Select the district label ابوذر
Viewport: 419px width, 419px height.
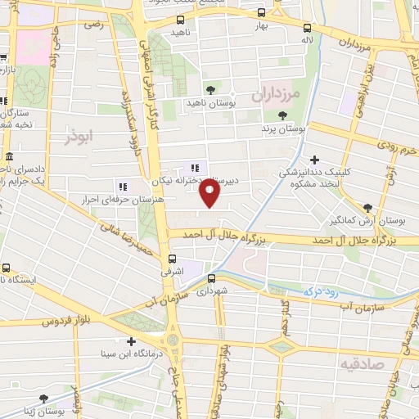[81, 137]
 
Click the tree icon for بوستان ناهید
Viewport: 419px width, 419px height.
[211, 88]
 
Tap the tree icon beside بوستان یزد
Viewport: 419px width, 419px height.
[282, 116]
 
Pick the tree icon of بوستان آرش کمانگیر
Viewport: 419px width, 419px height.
[367, 208]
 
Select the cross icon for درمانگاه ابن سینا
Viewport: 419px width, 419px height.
[131, 341]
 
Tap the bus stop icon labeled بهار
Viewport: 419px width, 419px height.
[260, 12]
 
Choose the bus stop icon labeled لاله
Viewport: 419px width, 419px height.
[307, 27]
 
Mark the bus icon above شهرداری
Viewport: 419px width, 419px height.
[212, 277]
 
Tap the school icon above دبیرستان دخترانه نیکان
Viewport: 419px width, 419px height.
[194, 168]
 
